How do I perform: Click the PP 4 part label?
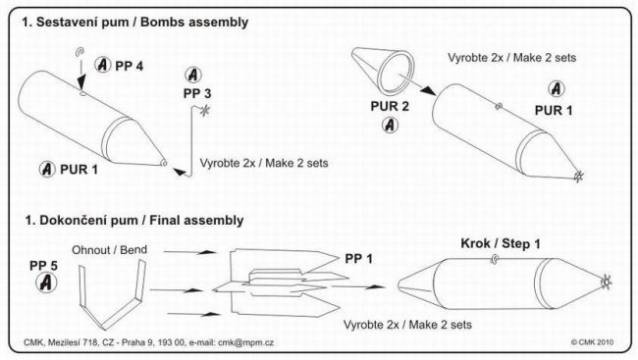coord(129,66)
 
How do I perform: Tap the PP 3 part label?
coord(197,93)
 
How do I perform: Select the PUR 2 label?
coord(390,106)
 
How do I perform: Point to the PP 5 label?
coord(43,266)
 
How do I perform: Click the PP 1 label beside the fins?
coord(358,259)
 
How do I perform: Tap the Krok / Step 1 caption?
coord(501,243)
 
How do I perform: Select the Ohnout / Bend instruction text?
coord(110,250)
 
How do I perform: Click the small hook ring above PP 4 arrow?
coord(80,52)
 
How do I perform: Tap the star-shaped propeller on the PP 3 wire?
coord(205,110)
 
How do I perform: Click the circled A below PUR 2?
coord(390,125)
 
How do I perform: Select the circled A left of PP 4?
coord(102,65)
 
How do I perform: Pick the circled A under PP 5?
coord(46,283)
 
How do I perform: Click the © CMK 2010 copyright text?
coord(592,342)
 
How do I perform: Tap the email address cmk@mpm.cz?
coord(245,342)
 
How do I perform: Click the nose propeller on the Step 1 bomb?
coord(606,282)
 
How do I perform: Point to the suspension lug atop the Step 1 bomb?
coord(495,259)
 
